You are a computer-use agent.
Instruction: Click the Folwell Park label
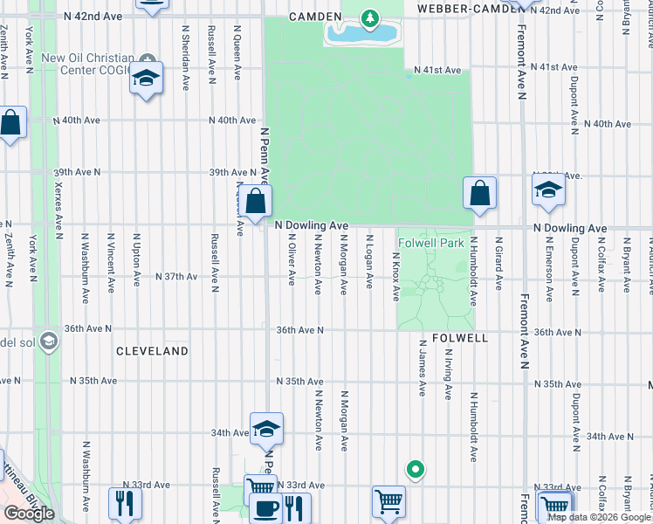(x=430, y=243)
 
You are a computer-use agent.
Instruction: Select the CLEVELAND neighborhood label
(x=152, y=351)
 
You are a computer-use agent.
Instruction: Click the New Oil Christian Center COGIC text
(x=87, y=64)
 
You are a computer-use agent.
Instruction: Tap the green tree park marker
(x=370, y=17)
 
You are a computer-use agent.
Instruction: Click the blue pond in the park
(x=361, y=34)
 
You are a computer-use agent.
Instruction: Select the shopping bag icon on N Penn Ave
(x=254, y=203)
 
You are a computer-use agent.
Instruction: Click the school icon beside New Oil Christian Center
(x=147, y=79)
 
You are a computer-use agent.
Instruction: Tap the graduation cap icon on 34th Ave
(x=266, y=429)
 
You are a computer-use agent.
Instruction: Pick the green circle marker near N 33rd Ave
(x=416, y=470)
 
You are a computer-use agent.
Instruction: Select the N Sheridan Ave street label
(x=186, y=57)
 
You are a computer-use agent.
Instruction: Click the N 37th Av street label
(x=176, y=277)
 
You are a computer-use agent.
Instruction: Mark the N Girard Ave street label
(x=498, y=262)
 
